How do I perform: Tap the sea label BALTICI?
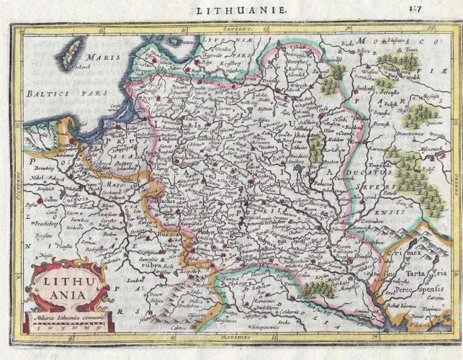point(46,93)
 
